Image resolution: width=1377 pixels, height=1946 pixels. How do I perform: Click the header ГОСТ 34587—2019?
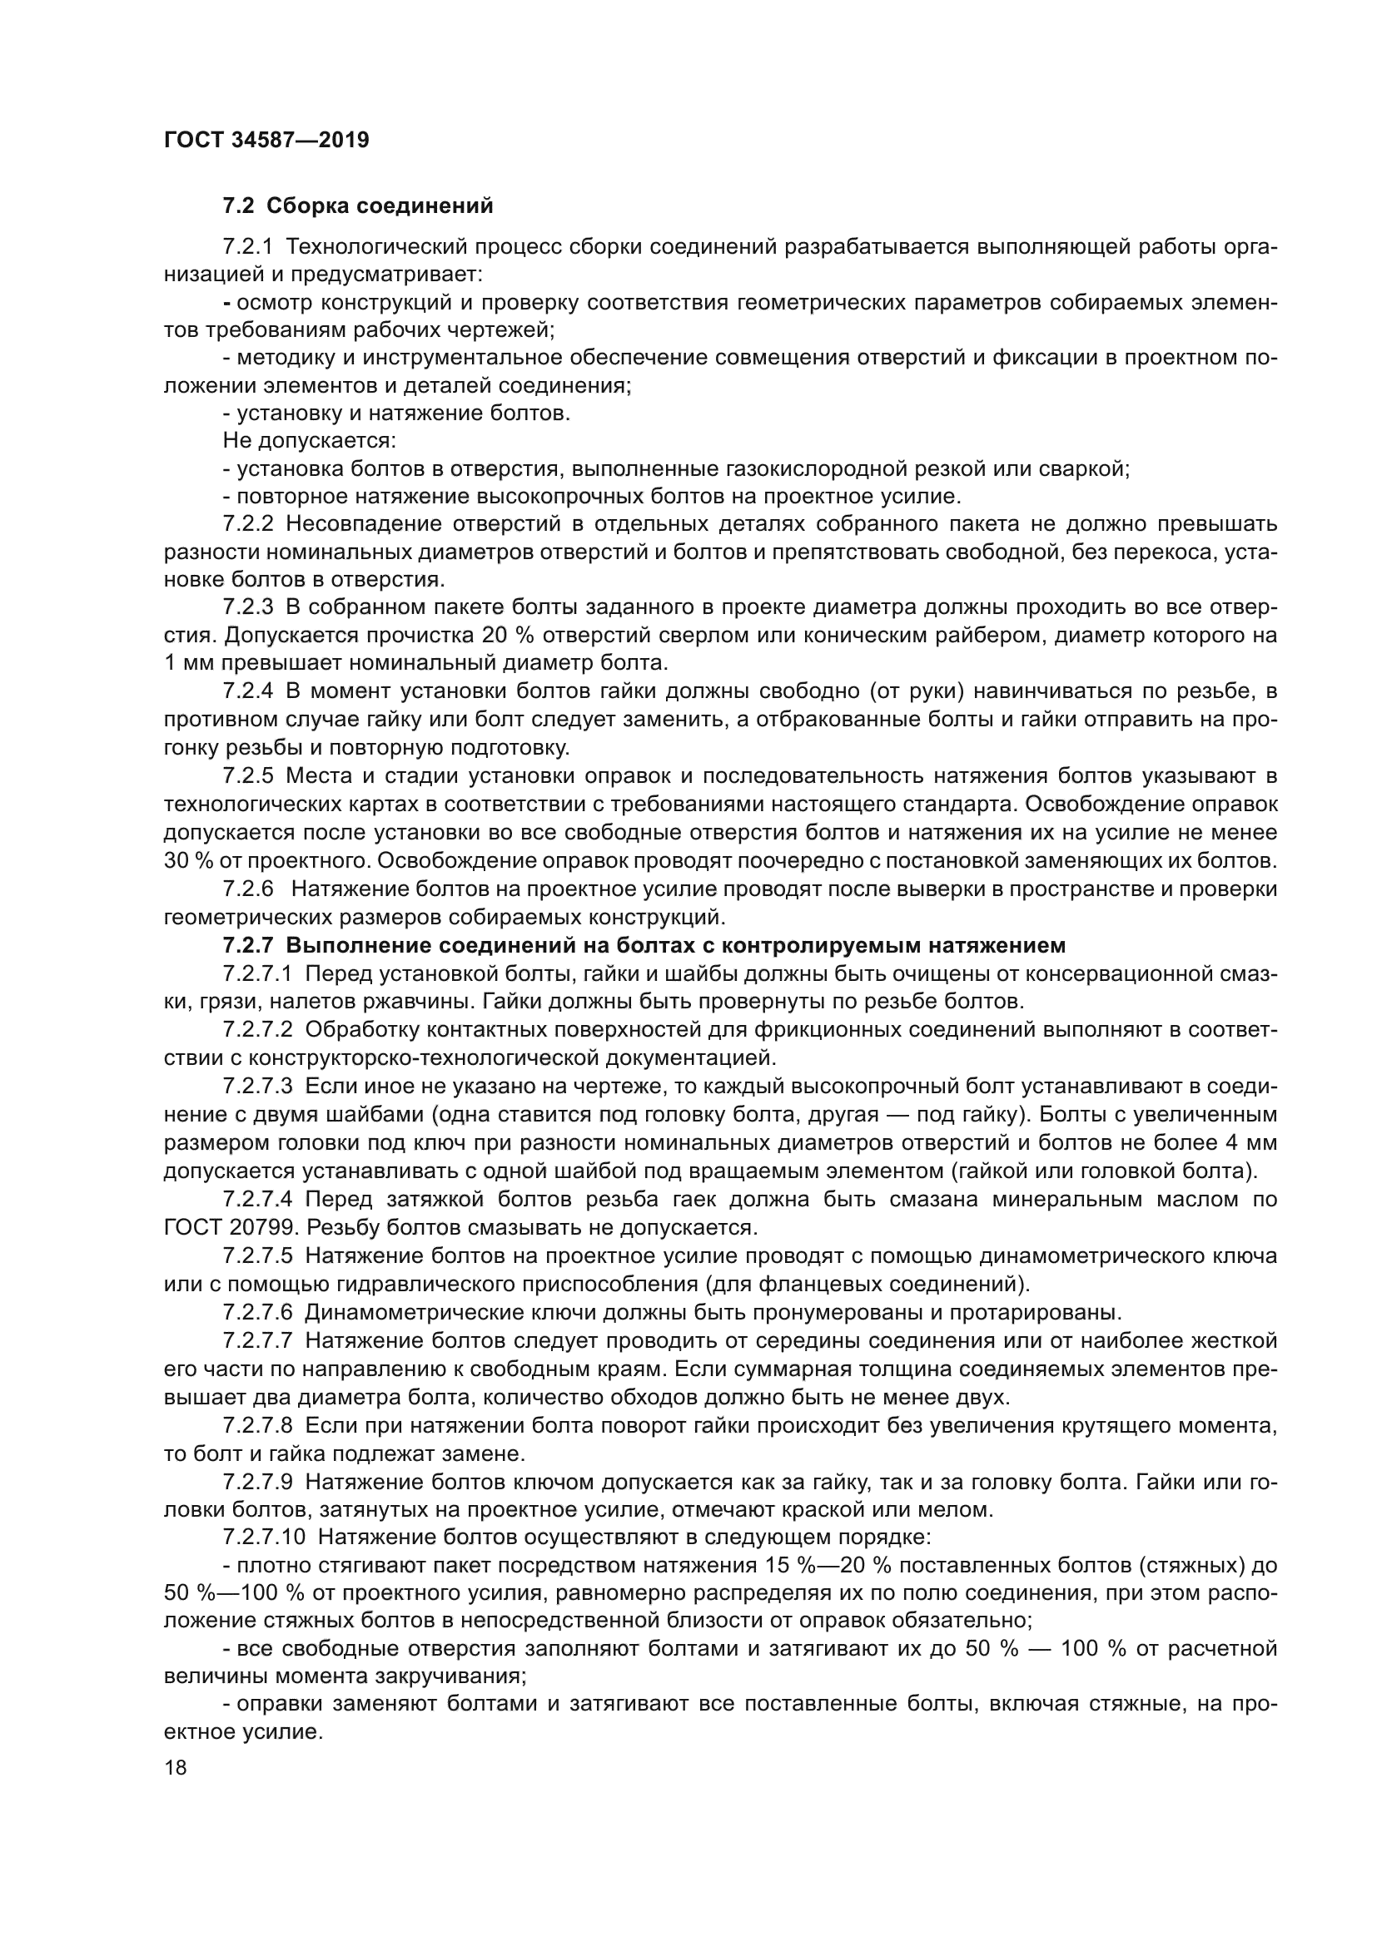[266, 140]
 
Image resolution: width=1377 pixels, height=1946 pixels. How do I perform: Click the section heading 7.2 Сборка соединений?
[357, 206]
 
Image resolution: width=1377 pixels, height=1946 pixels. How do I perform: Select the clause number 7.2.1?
[247, 247]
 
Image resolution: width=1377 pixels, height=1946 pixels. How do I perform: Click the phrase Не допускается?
[309, 441]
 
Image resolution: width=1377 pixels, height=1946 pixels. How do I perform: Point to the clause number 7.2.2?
[247, 524]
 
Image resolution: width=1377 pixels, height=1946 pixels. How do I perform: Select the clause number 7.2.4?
[247, 691]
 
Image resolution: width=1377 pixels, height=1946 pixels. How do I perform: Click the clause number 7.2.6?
[247, 889]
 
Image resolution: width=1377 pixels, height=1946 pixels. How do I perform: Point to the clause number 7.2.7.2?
[257, 1030]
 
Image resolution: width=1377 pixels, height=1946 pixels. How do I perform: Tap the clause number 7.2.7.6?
[257, 1313]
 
